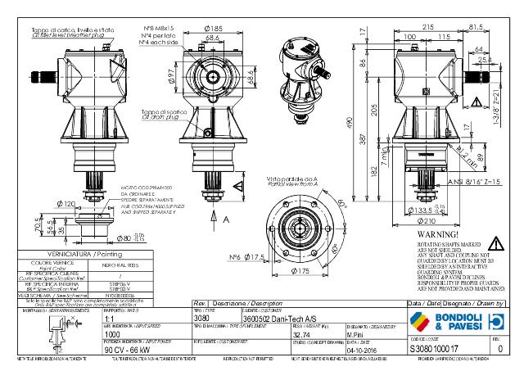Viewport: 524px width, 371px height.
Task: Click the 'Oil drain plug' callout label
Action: coord(160,114)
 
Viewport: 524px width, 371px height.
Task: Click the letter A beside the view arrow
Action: coord(224,220)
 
